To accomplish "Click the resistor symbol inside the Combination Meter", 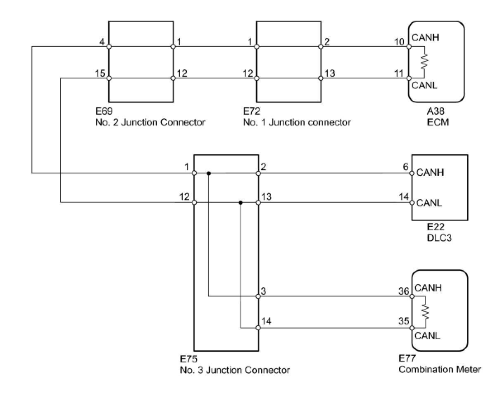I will [x=425, y=312].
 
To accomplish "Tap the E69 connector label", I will [x=103, y=111].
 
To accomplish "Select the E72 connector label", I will [x=252, y=111].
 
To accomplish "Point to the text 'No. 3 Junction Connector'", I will [x=235, y=370].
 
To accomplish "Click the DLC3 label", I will [x=439, y=237].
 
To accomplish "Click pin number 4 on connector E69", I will [x=102, y=42].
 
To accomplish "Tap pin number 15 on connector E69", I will [x=100, y=73].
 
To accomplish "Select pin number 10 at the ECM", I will [x=400, y=42].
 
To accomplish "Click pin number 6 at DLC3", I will [x=406, y=167].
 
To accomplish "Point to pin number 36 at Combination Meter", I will [x=403, y=291].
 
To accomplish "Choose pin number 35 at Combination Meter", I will [x=403, y=321].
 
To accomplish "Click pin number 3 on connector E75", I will [x=264, y=291].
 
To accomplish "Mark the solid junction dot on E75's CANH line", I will [x=209, y=173].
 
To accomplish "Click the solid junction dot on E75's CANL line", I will [x=240, y=203].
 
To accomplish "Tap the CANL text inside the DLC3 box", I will [x=429, y=203].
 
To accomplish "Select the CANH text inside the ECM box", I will [x=426, y=38].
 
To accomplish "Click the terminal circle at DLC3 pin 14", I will [x=412, y=203].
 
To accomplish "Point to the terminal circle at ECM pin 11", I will [x=409, y=78].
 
